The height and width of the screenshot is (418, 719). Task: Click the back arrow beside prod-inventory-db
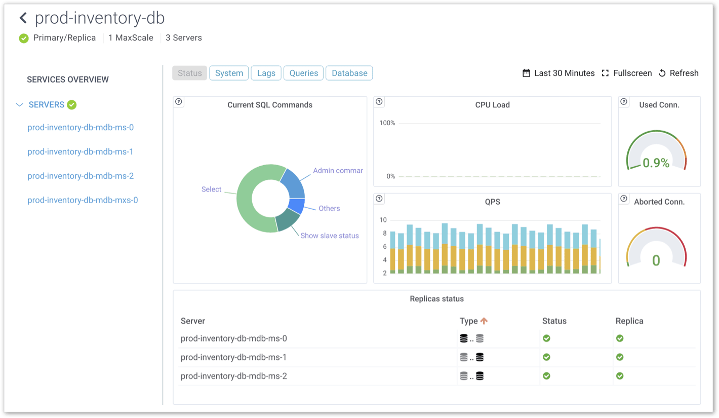coord(23,19)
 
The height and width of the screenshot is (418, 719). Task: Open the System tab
coord(229,73)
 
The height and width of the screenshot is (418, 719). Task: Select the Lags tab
coord(266,73)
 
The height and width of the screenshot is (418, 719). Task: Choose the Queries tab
coord(304,73)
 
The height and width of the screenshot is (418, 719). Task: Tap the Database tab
coord(349,73)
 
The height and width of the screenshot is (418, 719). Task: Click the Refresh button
coord(678,73)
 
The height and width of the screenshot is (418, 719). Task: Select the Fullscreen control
coord(626,73)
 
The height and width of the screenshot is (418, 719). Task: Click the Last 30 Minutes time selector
coord(558,73)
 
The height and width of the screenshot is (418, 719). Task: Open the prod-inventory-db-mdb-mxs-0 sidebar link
coord(83,200)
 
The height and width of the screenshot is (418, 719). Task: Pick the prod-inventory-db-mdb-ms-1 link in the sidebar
coord(81,151)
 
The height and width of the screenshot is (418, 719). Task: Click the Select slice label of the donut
coord(211,189)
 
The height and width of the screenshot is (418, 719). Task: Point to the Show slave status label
coord(330,236)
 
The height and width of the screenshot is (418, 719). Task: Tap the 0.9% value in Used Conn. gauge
coord(656,163)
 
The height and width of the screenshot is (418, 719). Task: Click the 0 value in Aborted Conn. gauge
coord(656,260)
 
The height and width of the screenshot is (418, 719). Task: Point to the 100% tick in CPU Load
coord(387,123)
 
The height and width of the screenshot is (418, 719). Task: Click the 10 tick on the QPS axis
coord(383,220)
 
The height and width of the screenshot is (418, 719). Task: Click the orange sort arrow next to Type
coord(484,321)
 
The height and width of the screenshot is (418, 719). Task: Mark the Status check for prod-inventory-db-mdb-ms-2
coord(546,376)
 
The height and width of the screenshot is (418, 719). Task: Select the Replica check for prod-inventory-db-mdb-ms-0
coord(620,338)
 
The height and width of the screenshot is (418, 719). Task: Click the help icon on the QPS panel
coord(379,199)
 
